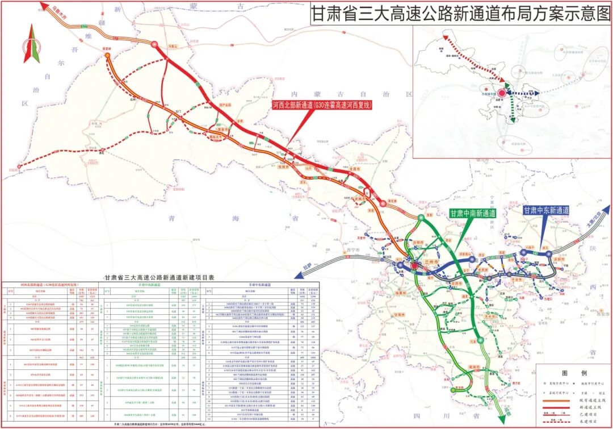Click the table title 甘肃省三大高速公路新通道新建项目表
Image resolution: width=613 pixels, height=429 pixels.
point(153,277)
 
